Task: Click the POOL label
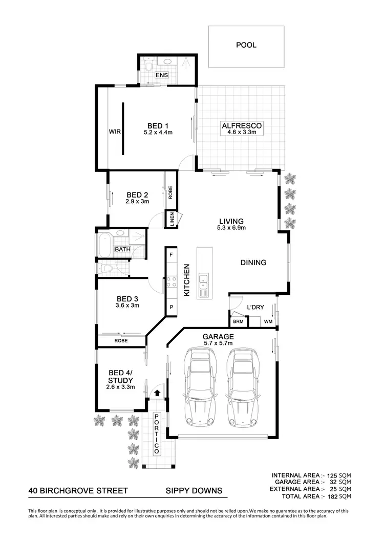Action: tap(246, 45)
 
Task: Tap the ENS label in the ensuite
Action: tap(162, 75)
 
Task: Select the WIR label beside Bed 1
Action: tap(114, 131)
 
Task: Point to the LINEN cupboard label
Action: tap(172, 220)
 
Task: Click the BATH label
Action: tap(122, 249)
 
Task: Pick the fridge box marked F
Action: tap(170, 254)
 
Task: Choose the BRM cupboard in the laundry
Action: tap(238, 322)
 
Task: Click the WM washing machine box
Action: tap(268, 322)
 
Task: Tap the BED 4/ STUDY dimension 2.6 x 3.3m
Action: tap(121, 387)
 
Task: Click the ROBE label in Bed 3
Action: tap(121, 340)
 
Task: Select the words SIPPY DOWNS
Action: tap(194, 491)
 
